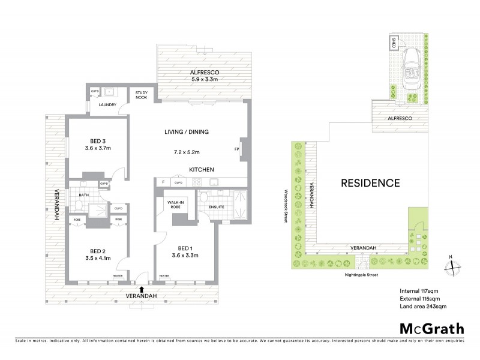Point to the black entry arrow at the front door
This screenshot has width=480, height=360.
(141, 290)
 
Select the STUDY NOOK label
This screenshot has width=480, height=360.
(142, 95)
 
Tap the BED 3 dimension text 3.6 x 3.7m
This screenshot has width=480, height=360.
(98, 148)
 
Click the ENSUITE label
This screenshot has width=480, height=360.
(217, 208)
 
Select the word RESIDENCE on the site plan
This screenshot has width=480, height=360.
(370, 183)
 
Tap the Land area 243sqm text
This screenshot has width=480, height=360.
(423, 307)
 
